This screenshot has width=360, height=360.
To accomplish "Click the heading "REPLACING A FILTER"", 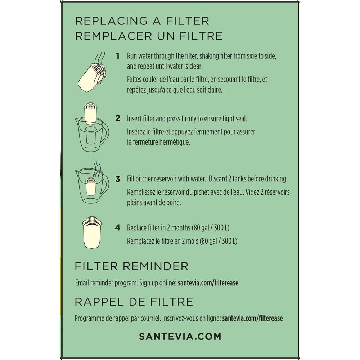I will coord(142,21).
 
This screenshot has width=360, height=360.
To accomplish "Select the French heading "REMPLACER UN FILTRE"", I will coord(148,36).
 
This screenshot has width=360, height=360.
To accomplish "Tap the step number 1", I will coord(118,56).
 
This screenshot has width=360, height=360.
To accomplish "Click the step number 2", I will coord(118,118).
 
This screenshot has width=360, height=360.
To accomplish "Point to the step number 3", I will coord(118,179).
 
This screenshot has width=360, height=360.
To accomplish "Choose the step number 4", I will coord(118,228).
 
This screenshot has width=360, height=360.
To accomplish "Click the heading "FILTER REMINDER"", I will coord(131,266).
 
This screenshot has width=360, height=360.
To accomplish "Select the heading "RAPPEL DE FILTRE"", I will coord(134,302).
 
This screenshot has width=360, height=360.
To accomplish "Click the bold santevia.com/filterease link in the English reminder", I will coord(208,283).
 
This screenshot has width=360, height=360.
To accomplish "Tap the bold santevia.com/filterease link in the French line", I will coord(252,319).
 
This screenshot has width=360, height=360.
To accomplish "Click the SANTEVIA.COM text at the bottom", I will coord(180,337).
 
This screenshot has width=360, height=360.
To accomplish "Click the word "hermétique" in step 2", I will coord(176,142).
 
